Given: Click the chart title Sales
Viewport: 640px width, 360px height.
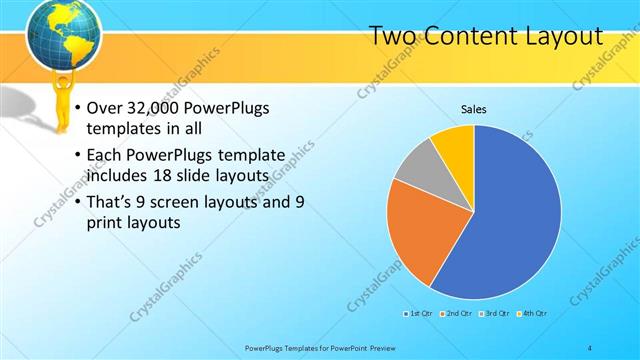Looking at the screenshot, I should click(x=474, y=109).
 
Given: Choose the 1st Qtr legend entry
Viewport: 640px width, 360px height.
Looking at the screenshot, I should click(x=417, y=313).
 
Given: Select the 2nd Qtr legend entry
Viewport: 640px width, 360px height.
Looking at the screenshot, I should click(x=456, y=313).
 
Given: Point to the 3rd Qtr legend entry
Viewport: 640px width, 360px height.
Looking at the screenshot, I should click(x=496, y=313).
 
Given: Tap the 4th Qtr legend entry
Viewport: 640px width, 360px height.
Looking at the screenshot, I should click(x=533, y=313).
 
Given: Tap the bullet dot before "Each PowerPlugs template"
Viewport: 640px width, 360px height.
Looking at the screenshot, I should click(x=78, y=155).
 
